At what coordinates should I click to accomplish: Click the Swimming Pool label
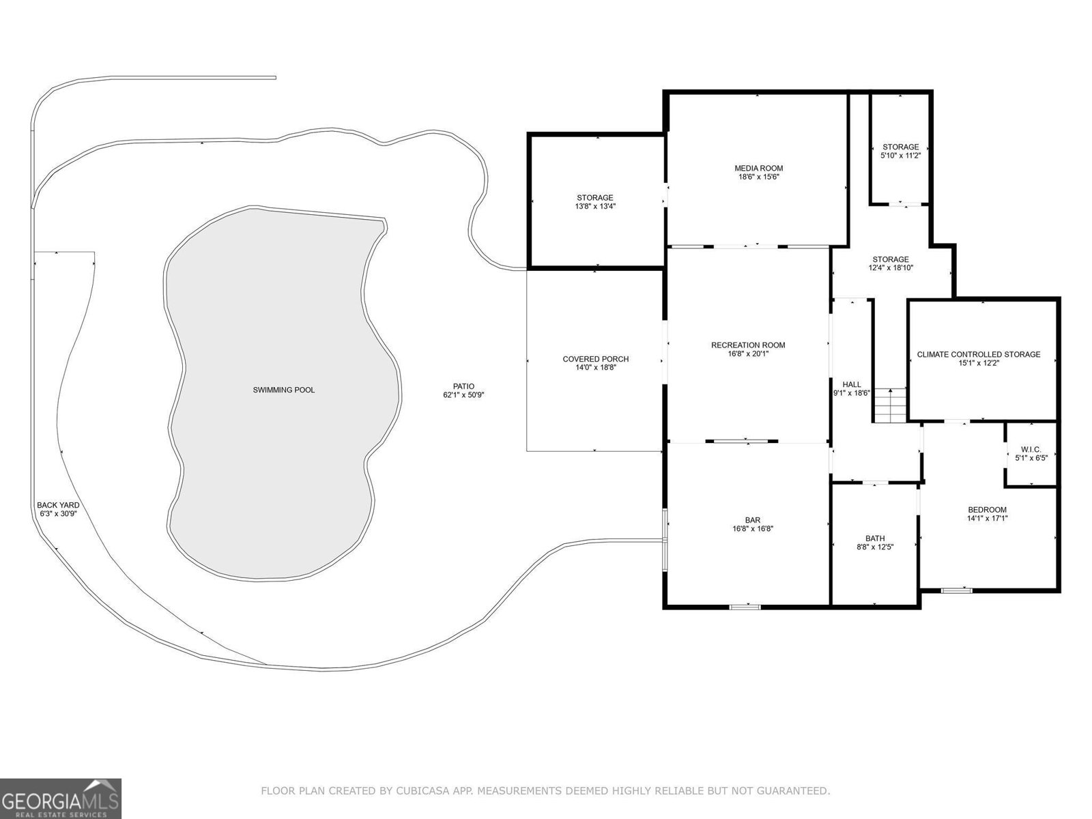coord(283,390)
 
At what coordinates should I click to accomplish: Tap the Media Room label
coord(759,169)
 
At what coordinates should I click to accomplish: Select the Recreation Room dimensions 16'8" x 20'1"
coord(748,354)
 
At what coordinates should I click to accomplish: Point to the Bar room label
coord(753,521)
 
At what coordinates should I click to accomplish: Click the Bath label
coord(875,538)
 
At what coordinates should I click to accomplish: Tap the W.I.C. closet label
coord(1031,450)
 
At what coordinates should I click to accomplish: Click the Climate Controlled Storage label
coord(979,354)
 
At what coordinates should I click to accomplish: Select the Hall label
coord(852,384)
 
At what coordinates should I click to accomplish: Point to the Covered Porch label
coord(596,359)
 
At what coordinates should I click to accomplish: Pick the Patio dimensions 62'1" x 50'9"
coord(463,395)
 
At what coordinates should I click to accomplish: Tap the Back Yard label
coord(58,505)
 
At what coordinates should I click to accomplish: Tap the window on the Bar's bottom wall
coord(745,607)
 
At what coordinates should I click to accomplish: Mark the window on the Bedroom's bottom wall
coord(956,591)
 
